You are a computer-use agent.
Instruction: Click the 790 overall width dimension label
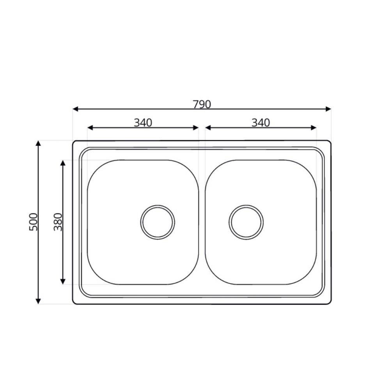pos(202,105)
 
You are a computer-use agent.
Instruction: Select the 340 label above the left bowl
pos(143,122)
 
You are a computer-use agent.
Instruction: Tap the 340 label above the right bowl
pos(261,122)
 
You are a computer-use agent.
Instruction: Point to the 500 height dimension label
pos(33,222)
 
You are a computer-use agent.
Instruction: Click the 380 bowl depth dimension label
pos(58,222)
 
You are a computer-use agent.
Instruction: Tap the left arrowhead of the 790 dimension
pos(75,109)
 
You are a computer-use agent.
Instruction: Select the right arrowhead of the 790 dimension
pos(328,109)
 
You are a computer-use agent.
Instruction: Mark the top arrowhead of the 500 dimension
pos(38,143)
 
